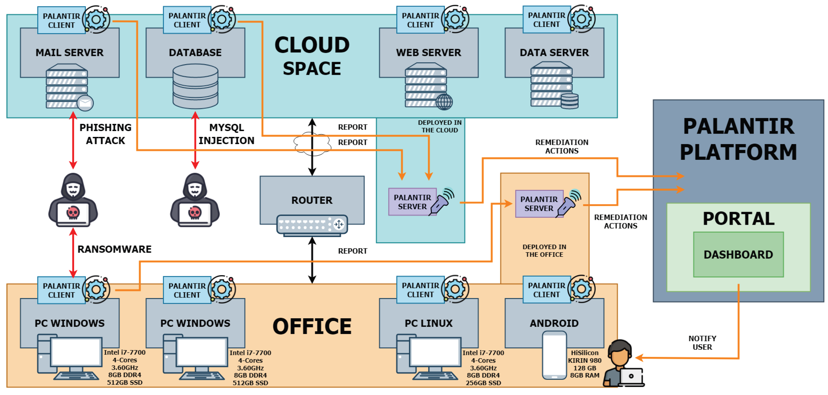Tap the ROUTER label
(312, 200)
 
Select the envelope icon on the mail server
(85, 103)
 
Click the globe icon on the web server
(444, 102)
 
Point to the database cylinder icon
(196, 86)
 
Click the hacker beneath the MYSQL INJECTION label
(195, 200)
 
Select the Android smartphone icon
(554, 355)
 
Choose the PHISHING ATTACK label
(105, 134)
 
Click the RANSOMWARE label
(115, 249)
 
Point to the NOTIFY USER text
(702, 343)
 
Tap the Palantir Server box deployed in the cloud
(412, 202)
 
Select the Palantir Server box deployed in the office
(539, 204)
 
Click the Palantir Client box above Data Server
(546, 20)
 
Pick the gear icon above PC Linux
(455, 289)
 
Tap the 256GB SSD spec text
(483, 383)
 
